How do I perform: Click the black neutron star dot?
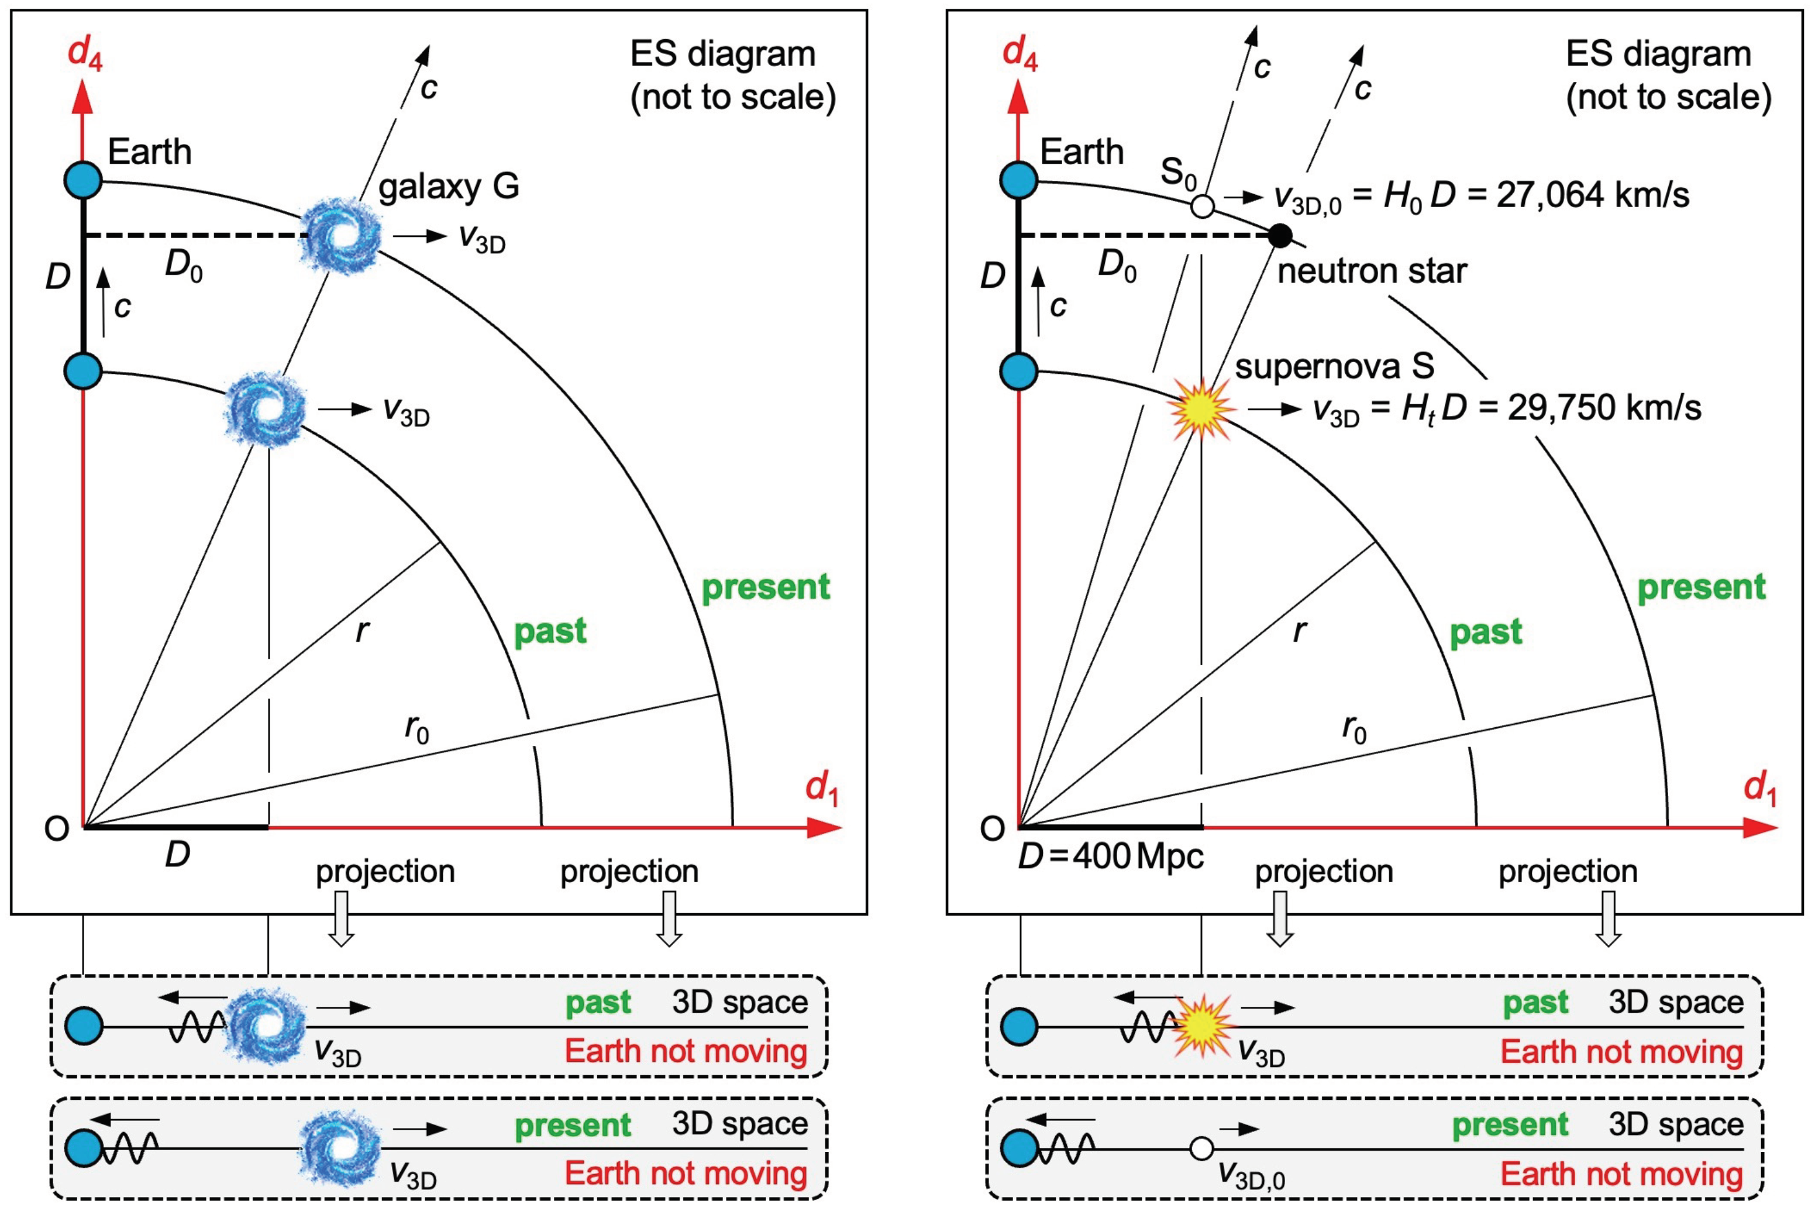(1279, 235)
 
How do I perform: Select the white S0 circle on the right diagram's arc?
(1202, 206)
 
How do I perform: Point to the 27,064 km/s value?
(1592, 195)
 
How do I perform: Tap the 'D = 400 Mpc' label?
(1111, 856)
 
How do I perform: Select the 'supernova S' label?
(1334, 367)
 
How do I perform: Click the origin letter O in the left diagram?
(56, 829)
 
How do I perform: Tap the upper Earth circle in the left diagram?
(84, 181)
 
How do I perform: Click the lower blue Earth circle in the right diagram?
(1018, 371)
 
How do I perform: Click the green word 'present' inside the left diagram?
(765, 587)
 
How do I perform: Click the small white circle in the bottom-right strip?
(1201, 1148)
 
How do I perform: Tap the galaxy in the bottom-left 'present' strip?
(340, 1148)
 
